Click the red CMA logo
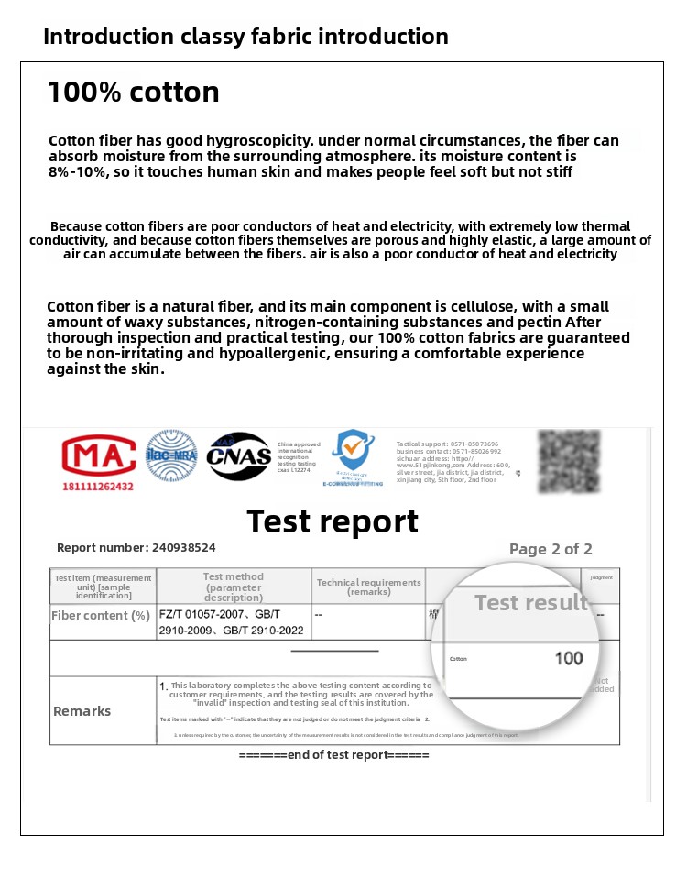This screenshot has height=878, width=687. [98, 455]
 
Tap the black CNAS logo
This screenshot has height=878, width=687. [238, 456]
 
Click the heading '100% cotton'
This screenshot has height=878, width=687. [133, 92]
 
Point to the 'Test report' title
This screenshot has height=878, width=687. [333, 521]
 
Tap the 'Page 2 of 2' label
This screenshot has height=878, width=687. [551, 549]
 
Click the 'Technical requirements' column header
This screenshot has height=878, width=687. [368, 587]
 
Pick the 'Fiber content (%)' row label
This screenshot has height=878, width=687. [101, 616]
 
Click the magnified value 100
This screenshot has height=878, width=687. [568, 658]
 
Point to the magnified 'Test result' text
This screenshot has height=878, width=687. [530, 603]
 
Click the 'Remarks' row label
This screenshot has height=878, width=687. [82, 711]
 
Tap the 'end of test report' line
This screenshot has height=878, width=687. [333, 755]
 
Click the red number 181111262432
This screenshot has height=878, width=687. [97, 486]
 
